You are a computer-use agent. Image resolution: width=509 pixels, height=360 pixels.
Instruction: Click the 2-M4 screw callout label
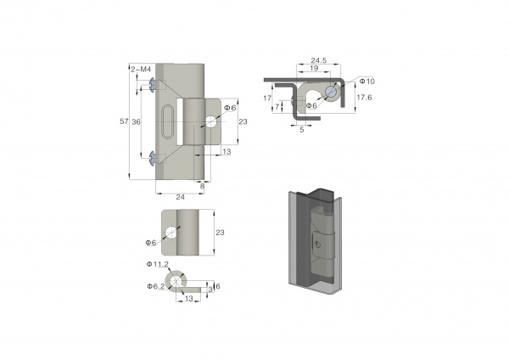coord(141,70)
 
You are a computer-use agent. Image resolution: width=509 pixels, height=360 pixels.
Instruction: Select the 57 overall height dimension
coord(124,121)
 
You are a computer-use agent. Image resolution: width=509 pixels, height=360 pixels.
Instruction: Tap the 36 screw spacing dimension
coord(136,122)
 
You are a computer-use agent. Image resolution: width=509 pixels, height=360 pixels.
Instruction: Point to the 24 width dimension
coord(180,197)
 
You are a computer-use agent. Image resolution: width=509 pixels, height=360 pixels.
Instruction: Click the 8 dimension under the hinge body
coord(202,186)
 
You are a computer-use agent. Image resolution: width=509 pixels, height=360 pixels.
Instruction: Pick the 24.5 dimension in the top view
coord(319,60)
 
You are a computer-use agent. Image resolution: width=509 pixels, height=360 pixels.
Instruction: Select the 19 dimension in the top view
coord(314,68)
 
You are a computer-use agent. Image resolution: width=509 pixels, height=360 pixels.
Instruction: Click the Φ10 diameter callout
coord(366,82)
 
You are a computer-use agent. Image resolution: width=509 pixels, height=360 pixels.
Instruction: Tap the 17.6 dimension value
coord(364,98)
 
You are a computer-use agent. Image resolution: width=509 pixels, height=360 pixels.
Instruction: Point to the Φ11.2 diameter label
coord(158,264)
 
